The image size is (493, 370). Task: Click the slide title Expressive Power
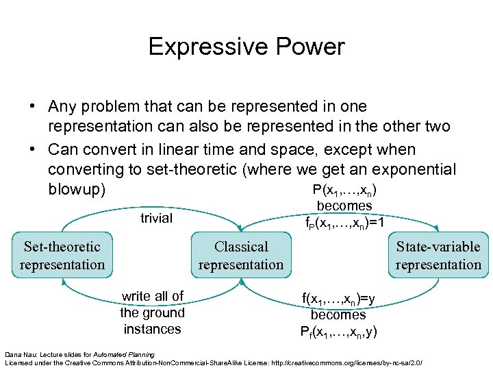click(x=246, y=47)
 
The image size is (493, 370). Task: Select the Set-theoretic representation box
click(x=62, y=256)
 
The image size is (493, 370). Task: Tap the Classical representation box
click(x=241, y=256)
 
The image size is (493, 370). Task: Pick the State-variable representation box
click(x=438, y=256)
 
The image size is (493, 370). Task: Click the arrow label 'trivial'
click(x=156, y=218)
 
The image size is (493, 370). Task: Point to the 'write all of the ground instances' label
click(x=152, y=312)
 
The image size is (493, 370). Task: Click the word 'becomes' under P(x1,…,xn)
click(x=344, y=206)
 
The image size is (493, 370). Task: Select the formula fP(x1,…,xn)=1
click(x=344, y=222)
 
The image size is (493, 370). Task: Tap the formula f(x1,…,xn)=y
click(x=338, y=298)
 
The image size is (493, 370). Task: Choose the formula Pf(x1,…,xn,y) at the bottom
click(x=338, y=332)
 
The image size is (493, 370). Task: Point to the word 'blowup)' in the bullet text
click(x=77, y=190)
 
